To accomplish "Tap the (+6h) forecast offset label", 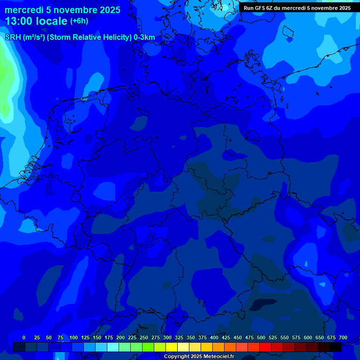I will click(x=79, y=21).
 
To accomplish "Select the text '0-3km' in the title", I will click(x=144, y=37).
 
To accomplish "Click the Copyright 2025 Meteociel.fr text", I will click(x=199, y=356).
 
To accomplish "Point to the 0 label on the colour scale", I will click(x=24, y=337).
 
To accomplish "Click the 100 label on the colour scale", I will click(x=74, y=337).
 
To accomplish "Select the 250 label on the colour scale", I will click(x=144, y=337).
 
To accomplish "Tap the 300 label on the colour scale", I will click(x=167, y=337).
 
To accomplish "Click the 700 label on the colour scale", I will click(x=343, y=337).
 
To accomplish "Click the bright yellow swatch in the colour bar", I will click(x=172, y=347).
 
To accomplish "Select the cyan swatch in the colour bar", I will click(x=113, y=347).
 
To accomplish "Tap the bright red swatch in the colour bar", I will click(x=265, y=347).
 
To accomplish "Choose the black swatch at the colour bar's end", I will click(x=336, y=347).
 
